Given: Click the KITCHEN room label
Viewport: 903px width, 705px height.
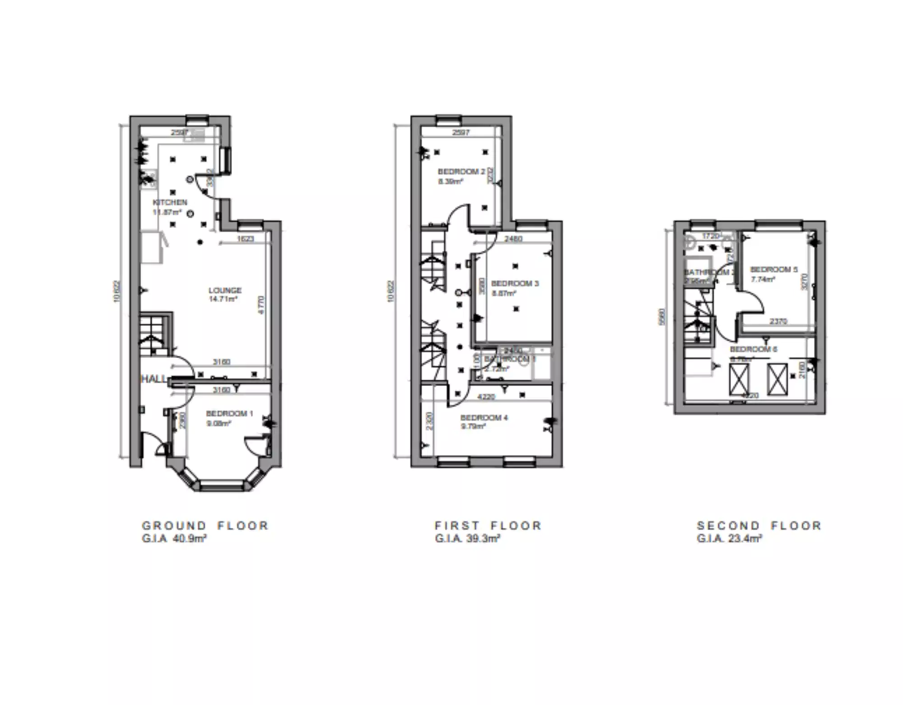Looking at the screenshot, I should (170, 202).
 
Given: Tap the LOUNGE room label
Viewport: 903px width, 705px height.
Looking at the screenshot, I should (225, 290).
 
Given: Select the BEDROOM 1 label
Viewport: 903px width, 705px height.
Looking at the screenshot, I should (229, 414).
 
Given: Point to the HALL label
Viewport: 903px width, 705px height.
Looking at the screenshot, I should (154, 379).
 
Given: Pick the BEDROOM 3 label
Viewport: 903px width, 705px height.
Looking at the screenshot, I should (515, 283).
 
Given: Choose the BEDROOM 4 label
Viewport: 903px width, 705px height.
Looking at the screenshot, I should (484, 418).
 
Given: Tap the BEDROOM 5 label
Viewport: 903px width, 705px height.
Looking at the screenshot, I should (774, 269).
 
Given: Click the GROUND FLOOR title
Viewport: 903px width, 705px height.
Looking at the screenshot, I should (205, 526).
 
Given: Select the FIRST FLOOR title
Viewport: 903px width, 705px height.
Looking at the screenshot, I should (488, 526).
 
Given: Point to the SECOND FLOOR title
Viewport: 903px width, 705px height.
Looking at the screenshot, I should (759, 526).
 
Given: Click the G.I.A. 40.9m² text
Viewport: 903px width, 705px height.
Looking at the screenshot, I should (174, 538).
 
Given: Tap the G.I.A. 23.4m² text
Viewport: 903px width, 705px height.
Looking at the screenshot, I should (730, 538).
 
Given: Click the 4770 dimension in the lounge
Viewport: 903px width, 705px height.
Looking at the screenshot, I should (261, 305).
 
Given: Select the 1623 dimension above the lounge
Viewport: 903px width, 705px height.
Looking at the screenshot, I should (246, 239).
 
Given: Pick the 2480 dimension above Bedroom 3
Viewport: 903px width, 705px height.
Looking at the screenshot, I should (513, 239).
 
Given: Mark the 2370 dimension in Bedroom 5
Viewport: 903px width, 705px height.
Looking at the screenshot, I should (778, 321).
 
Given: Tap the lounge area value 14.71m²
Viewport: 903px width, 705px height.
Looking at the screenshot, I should (223, 299).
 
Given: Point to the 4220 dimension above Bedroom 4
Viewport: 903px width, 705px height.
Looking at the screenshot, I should (486, 397).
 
